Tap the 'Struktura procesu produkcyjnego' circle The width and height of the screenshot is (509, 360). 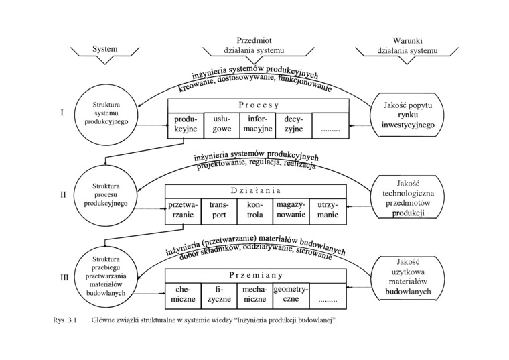tap(105, 194)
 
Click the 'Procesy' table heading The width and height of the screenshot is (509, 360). tap(258, 105)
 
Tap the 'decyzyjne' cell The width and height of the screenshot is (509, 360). tap(294, 125)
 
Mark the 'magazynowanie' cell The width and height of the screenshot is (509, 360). tap(291, 211)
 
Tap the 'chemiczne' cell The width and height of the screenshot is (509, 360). tap(184, 294)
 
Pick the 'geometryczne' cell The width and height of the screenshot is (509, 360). tap(291, 294)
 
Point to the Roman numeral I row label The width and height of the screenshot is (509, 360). tap(62, 113)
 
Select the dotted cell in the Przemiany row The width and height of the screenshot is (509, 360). tap(329, 294)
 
